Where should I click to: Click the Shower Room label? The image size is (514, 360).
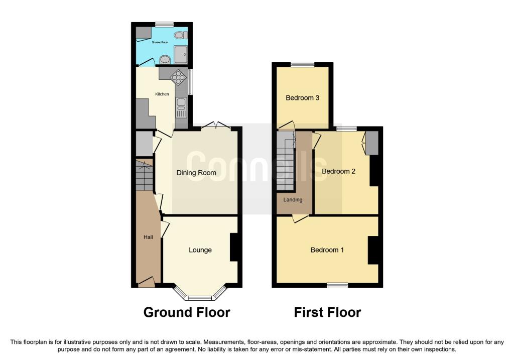tap(160, 42)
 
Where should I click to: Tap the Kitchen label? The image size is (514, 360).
tap(162, 94)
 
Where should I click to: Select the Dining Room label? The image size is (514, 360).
tap(196, 173)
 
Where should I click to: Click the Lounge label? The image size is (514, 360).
tap(200, 250)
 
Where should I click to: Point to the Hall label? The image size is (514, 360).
tap(148, 237)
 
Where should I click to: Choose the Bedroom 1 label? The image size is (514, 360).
tap(327, 250)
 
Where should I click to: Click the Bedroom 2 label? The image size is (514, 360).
tap(339, 171)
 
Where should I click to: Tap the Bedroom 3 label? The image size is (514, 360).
tap(303, 98)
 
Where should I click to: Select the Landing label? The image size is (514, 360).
tap(293, 200)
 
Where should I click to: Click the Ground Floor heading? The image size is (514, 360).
tap(187, 312)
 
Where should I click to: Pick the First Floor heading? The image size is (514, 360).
tap(327, 312)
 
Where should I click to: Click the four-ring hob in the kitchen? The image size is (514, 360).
tap(178, 78)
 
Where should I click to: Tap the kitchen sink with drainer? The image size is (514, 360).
tap(181, 107)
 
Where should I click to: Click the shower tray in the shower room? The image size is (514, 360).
tap(181, 54)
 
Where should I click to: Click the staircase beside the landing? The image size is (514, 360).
tap(286, 161)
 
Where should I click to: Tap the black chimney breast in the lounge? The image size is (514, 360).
tap(234, 247)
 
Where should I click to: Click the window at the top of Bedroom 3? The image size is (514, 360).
tap(302, 64)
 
